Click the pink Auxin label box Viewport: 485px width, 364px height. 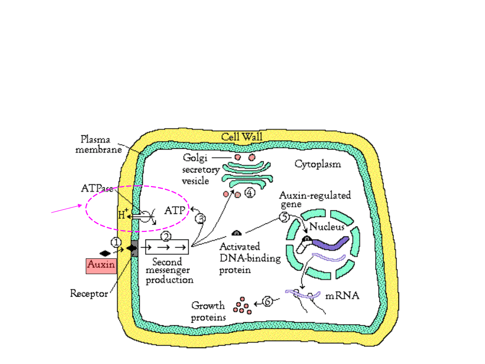coord(101,266)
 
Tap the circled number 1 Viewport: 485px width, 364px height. coord(117,243)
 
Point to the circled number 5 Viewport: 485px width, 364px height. coord(284,217)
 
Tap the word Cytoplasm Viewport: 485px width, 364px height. coord(317,164)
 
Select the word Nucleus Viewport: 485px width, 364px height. coord(326,227)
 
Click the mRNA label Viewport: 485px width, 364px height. coord(343,297)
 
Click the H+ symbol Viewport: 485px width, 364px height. coord(122,215)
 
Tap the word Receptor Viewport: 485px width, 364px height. coord(89,294)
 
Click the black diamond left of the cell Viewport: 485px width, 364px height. coord(105,253)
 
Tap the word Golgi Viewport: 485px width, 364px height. coord(194,158)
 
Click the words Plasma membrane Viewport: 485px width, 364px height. coord(98,144)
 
